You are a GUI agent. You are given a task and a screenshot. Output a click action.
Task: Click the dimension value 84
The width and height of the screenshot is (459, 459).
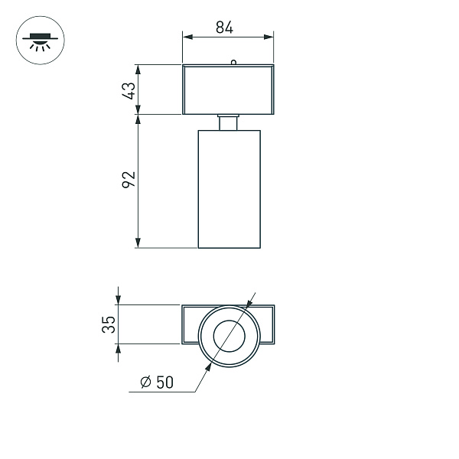pyautogui.click(x=224, y=28)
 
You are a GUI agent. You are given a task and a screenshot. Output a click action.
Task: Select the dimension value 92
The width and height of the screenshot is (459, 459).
pyautogui.click(x=129, y=180)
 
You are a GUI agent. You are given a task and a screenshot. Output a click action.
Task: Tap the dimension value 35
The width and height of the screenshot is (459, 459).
pyautogui.click(x=109, y=324)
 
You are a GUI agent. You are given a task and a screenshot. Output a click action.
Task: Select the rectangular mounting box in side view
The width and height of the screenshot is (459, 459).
pyautogui.click(x=228, y=90)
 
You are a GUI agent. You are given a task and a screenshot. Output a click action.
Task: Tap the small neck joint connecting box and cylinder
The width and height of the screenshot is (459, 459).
pyautogui.click(x=229, y=122)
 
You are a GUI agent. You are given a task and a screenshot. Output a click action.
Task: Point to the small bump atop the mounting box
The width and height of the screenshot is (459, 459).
pyautogui.click(x=233, y=63)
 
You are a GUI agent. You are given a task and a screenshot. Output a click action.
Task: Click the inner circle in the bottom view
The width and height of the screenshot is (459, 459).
pyautogui.click(x=229, y=337)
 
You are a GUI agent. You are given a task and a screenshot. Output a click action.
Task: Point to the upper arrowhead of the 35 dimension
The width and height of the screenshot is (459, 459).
pyautogui.click(x=119, y=300)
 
